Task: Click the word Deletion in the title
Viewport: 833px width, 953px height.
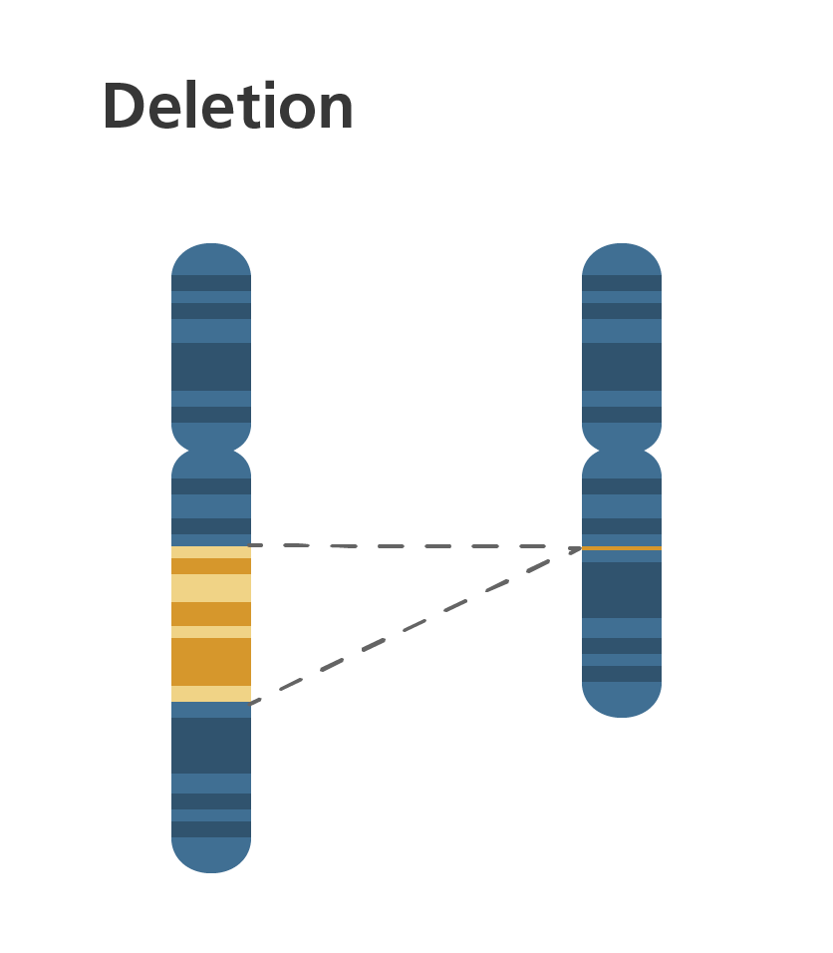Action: coord(228,107)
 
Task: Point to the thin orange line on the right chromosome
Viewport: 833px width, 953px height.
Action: coord(622,548)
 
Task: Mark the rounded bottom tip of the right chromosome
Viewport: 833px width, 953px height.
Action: coord(622,704)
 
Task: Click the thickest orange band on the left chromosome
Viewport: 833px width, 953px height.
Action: coord(211,661)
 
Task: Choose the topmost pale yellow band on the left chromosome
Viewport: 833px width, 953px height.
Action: coord(211,552)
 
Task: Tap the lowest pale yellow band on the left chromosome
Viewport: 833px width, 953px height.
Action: coord(211,694)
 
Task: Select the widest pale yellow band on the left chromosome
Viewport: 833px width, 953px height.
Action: coord(211,588)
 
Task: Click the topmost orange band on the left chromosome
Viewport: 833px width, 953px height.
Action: coord(211,566)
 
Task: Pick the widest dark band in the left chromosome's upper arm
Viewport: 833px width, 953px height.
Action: coord(211,366)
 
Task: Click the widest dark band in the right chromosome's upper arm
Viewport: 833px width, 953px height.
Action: coord(622,366)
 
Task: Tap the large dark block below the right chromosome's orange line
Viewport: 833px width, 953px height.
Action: coord(622,589)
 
